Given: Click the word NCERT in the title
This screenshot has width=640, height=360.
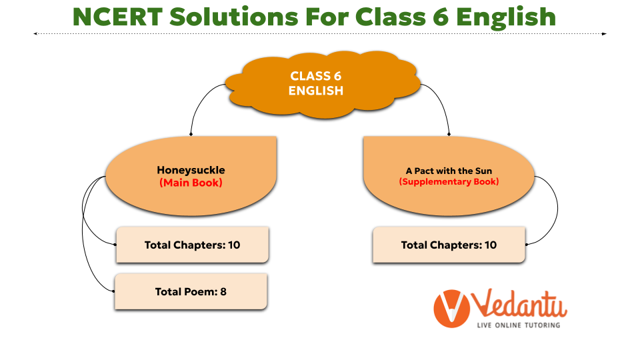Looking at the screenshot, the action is coord(117,17).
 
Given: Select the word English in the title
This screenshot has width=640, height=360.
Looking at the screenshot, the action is coord(506,19).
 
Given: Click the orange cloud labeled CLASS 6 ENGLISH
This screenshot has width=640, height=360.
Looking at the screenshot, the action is coord(323,85).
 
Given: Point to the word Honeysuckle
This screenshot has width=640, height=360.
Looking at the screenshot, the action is coord(191,170).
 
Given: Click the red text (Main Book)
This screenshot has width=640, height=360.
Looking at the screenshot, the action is coord(191,183).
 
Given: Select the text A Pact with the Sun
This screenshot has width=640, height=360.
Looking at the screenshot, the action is coord(449,171).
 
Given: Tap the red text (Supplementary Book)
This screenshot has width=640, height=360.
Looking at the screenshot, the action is coord(449,181).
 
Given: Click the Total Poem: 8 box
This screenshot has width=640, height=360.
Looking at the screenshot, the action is coord(191,291).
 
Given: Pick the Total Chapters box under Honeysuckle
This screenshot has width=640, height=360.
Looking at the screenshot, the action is coord(192,245).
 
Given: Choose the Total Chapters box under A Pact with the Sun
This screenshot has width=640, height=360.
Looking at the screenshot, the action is coord(449,245).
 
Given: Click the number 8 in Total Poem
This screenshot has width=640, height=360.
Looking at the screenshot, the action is coord(223,291).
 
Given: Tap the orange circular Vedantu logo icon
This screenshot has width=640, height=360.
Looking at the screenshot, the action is coord(451,309).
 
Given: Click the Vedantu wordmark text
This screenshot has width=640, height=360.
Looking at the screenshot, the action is coord(519,304).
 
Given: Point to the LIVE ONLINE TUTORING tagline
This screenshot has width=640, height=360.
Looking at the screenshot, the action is coord(519,325).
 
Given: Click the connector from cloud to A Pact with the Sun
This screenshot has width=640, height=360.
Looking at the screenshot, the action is coord(441,102).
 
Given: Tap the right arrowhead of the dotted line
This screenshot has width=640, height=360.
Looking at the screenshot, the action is coord(605,34).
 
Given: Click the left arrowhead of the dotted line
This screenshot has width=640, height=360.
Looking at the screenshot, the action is coord(36,33).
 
